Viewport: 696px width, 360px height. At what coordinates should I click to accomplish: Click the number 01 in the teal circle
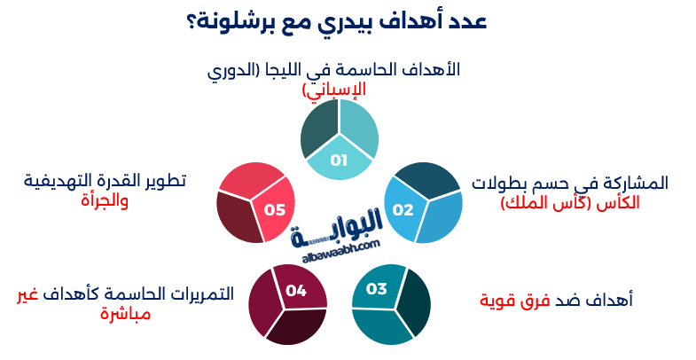pyautogui.click(x=339, y=160)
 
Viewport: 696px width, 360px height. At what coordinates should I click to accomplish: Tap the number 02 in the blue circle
pyautogui.click(x=403, y=210)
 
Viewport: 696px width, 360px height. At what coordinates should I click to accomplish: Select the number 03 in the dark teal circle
pyautogui.click(x=377, y=289)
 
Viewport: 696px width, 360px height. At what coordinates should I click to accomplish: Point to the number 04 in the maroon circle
pyautogui.click(x=296, y=290)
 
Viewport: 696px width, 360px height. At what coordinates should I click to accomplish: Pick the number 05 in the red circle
pyautogui.click(x=274, y=210)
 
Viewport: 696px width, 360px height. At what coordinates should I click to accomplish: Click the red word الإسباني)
pyautogui.click(x=333, y=90)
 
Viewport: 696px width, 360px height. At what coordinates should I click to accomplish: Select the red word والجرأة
pyautogui.click(x=105, y=200)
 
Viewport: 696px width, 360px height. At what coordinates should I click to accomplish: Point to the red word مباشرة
pyautogui.click(x=125, y=313)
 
